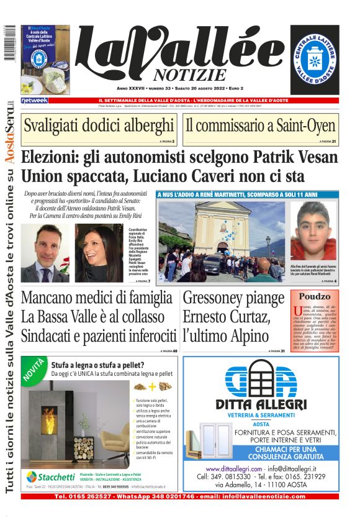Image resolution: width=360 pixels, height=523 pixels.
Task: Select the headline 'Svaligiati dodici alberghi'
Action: [98, 125]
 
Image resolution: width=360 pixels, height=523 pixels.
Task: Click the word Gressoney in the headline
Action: [225, 298]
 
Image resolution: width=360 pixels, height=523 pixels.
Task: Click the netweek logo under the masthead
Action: [34, 100]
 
